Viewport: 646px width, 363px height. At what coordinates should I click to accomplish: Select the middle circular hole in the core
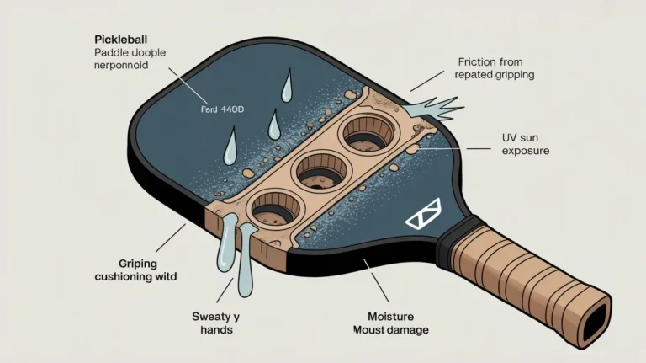[318, 170]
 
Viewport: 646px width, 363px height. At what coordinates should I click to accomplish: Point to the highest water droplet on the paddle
[288, 85]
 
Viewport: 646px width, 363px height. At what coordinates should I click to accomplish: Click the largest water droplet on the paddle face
[230, 147]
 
